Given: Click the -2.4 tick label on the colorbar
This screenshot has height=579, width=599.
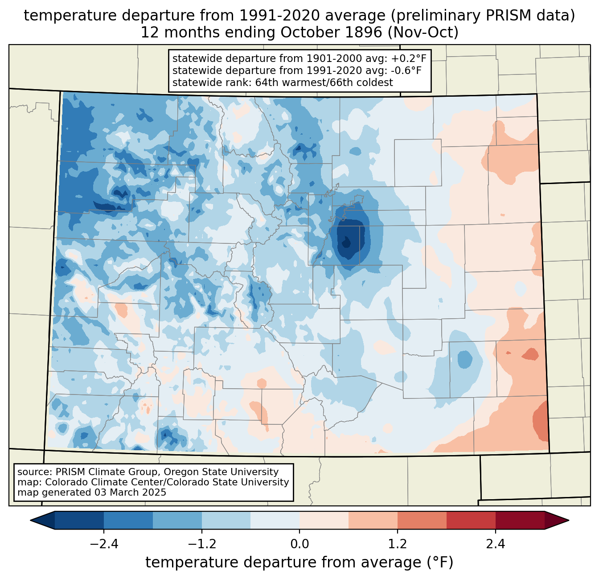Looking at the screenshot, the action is pyautogui.click(x=104, y=544).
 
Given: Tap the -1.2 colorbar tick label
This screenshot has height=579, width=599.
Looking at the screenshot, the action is pyautogui.click(x=202, y=544).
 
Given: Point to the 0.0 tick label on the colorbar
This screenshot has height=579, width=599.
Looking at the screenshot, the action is pyautogui.click(x=299, y=544).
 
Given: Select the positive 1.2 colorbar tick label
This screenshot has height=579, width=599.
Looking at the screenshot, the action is pyautogui.click(x=398, y=544).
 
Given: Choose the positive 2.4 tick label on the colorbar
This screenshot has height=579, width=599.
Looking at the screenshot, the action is pyautogui.click(x=496, y=544).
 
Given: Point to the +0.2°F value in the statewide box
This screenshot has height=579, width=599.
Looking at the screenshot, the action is pyautogui.click(x=409, y=58).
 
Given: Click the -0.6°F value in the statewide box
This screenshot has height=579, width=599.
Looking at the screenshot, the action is pyautogui.click(x=406, y=70).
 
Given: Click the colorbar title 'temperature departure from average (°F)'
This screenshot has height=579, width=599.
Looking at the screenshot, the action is pyautogui.click(x=299, y=562).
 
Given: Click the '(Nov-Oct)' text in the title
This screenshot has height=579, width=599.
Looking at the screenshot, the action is pyautogui.click(x=423, y=33).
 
